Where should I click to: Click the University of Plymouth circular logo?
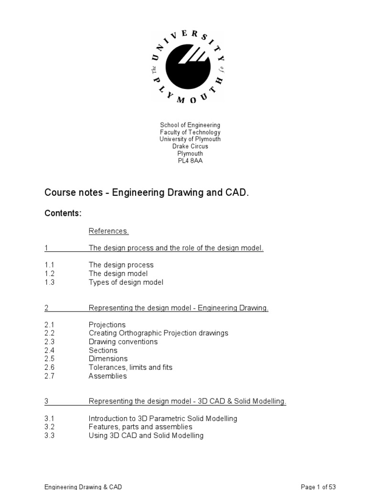pos(187,67)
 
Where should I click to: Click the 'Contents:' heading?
pos(63,213)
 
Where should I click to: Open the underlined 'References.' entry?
pos(109,231)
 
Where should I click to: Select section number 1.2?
pos(50,274)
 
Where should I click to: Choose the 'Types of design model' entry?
pos(126,282)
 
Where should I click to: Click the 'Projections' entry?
pos(107,325)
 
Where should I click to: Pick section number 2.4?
pos(50,350)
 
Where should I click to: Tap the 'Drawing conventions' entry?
pos(123,342)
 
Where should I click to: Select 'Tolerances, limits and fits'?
pos(130,367)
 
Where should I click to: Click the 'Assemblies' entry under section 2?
pos(108,376)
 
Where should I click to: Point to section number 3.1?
pos(50,419)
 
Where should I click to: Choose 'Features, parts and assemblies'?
pos(140,427)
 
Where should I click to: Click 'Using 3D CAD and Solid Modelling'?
pos(146,435)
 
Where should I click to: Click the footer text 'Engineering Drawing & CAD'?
pos(83,487)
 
